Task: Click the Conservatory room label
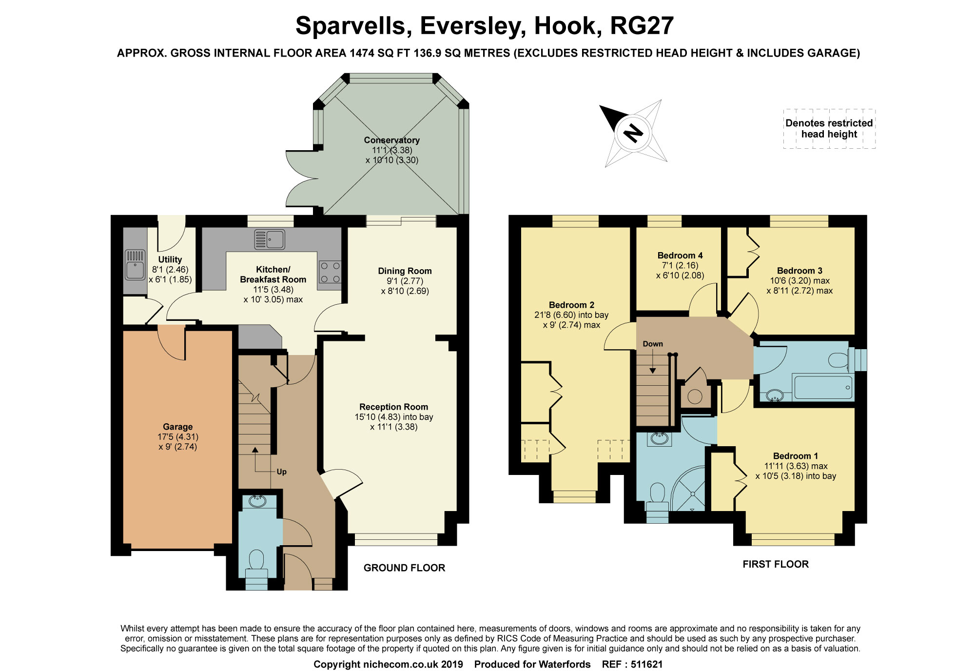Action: (x=391, y=140)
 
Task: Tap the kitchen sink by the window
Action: (x=270, y=239)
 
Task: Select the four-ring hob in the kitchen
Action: (x=330, y=273)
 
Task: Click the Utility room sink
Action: (x=135, y=264)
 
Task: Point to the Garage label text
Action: (x=177, y=427)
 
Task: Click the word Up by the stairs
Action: (x=281, y=472)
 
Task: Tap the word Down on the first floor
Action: (x=653, y=344)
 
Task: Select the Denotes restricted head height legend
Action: (x=829, y=129)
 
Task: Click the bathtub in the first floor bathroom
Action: (x=823, y=387)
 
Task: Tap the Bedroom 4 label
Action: (x=680, y=256)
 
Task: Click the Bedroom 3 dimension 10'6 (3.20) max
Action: (x=799, y=281)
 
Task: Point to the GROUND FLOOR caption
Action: (x=404, y=568)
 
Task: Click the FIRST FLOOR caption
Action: (x=776, y=564)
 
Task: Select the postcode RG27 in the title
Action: (x=642, y=26)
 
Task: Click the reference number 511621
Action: (x=646, y=664)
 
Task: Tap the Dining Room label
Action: (x=405, y=271)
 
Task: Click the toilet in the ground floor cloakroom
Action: (x=256, y=566)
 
